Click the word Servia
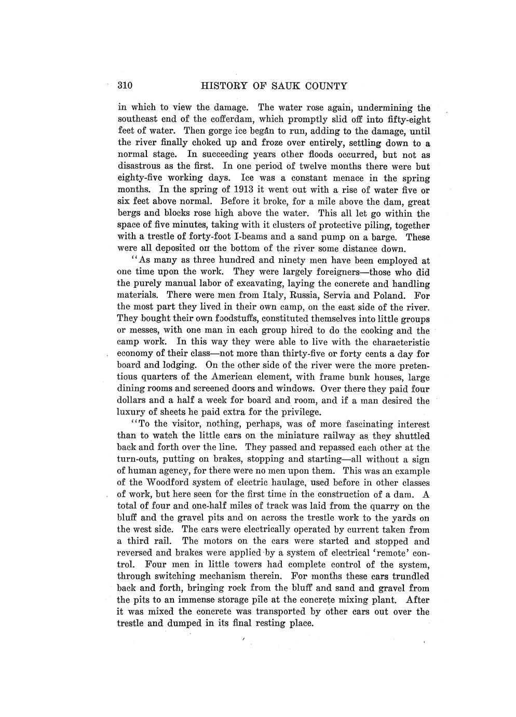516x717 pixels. [x=348, y=295]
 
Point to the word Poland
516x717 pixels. [x=395, y=295]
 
